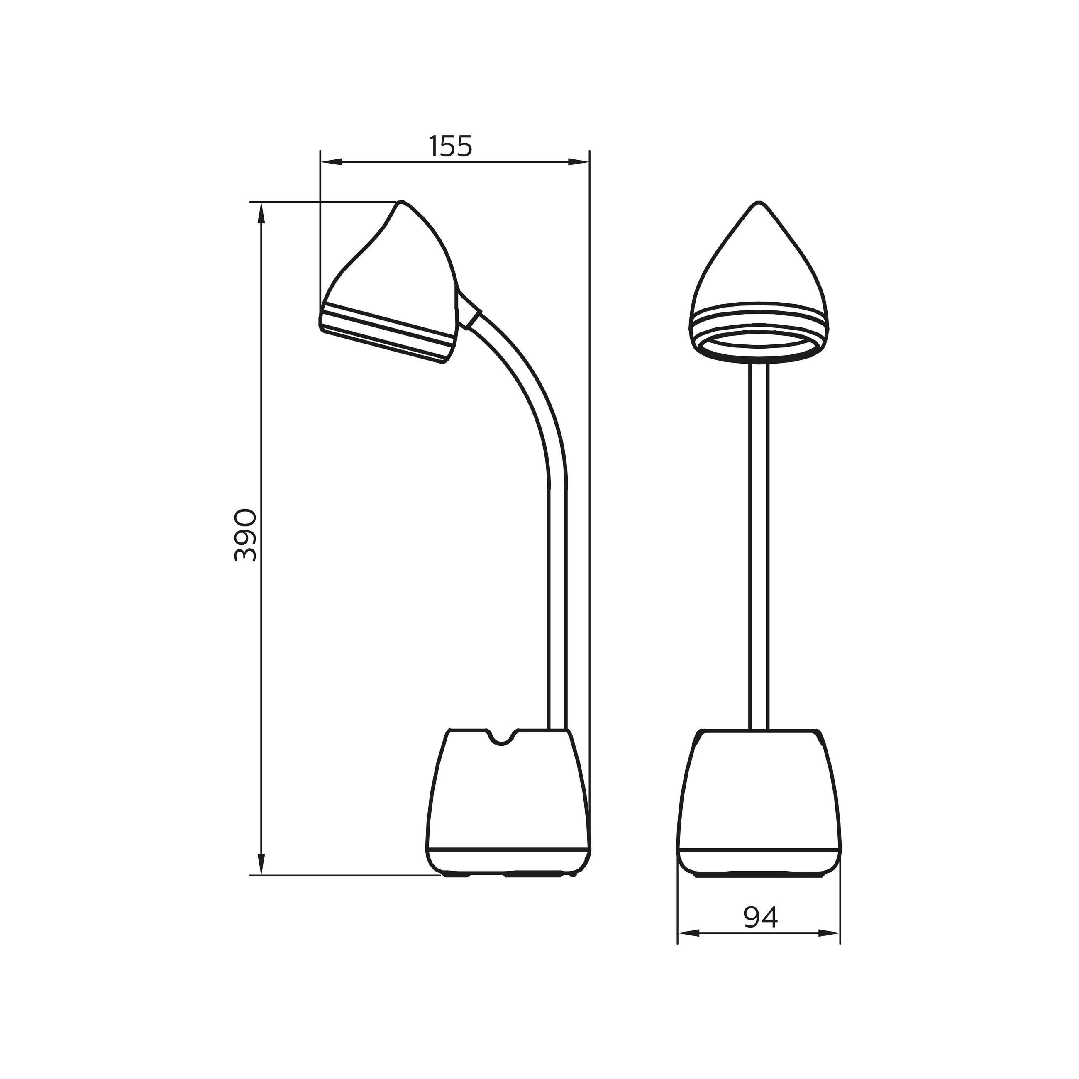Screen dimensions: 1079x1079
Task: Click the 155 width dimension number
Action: pyautogui.click(x=451, y=146)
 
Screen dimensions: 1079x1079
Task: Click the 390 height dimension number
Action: pyautogui.click(x=246, y=535)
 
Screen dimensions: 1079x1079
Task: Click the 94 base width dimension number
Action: pyautogui.click(x=760, y=918)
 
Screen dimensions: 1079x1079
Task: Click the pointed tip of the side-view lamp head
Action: pyautogui.click(x=400, y=202)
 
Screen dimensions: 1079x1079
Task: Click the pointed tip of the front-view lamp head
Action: pyautogui.click(x=758, y=203)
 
